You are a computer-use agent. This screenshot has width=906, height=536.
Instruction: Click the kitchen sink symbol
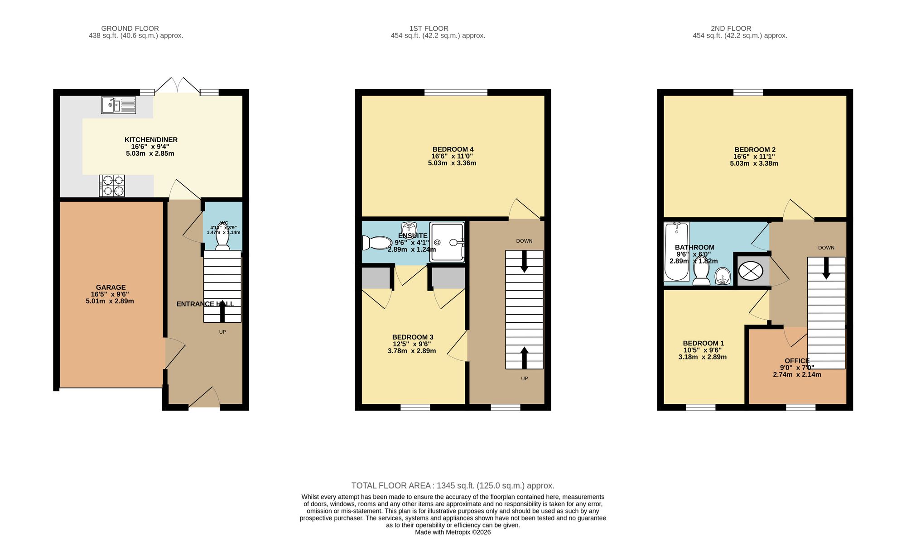coord(118,105)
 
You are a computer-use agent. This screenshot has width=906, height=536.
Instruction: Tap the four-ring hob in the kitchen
coord(112,186)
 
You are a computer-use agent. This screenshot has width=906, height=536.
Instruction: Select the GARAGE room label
coord(111,287)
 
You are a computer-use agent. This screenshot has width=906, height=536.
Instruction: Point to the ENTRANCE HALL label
coord(205,304)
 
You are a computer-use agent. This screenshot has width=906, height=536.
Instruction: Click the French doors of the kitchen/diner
coord(177,86)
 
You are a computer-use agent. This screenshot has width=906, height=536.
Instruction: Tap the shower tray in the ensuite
coord(447,242)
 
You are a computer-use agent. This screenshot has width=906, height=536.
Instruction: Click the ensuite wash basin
coord(409,228)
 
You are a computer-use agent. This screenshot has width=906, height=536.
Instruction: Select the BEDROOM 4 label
coord(453,149)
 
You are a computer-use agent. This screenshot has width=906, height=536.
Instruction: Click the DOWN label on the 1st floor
coord(524,241)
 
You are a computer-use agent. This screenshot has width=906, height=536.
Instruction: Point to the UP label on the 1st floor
coord(524,378)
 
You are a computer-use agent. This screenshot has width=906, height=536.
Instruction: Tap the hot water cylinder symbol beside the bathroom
coord(751,271)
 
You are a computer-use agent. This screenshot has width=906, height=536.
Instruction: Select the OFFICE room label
coord(797,361)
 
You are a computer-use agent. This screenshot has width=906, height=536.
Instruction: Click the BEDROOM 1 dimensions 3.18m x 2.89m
coord(702,357)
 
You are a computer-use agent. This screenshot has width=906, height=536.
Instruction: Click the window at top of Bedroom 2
coord(747,92)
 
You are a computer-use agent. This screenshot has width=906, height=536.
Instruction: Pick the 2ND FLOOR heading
coord(731,29)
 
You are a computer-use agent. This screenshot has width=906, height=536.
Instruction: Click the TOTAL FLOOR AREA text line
coord(453,486)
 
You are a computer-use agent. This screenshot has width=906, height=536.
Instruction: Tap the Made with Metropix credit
coord(453,532)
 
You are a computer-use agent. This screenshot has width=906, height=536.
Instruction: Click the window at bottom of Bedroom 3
coord(415,407)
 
